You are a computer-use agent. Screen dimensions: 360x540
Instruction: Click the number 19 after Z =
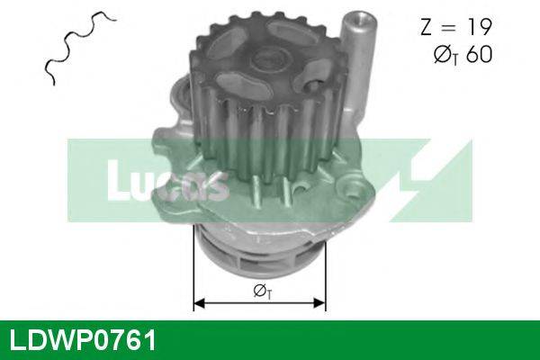[x=478, y=28]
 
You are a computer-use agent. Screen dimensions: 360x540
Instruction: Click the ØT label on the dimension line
[x=262, y=291]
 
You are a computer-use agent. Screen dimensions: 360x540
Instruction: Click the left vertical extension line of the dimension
[x=193, y=270]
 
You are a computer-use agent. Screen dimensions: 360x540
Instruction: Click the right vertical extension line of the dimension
[x=325, y=270]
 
